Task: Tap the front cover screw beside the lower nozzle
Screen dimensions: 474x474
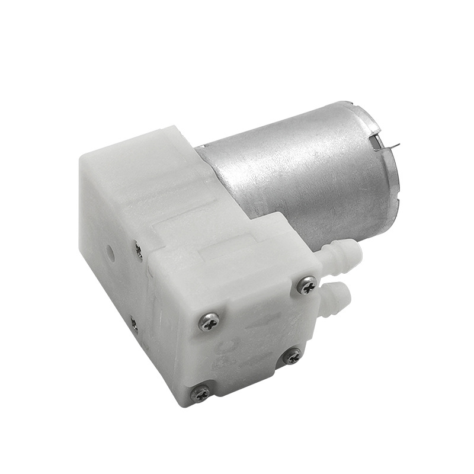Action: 307,286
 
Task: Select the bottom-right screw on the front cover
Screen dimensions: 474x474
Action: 291,356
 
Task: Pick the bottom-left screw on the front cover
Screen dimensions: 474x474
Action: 200,392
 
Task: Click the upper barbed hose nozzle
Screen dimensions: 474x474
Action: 344,252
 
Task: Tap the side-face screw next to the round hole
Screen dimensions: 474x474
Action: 137,251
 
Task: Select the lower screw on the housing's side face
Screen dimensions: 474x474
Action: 134,324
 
